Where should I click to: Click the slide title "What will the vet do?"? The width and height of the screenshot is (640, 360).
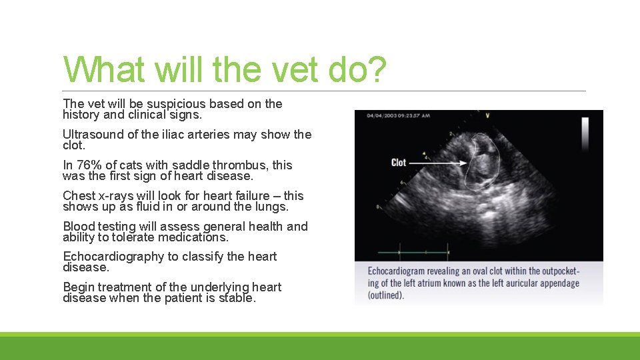(x=224, y=70)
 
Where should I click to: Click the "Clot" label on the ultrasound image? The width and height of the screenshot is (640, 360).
(x=399, y=162)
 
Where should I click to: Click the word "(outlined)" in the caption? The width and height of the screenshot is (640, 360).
(x=386, y=295)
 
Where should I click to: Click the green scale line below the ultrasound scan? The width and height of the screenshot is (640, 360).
(x=413, y=253)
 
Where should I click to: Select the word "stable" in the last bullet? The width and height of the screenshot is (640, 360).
(x=235, y=298)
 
